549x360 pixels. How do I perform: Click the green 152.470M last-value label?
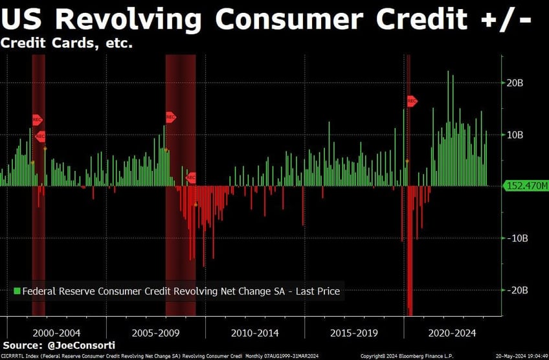(525, 186)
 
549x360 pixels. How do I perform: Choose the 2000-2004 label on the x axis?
(56, 333)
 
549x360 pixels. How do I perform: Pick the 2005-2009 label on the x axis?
(155, 333)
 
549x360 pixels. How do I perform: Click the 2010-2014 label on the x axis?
(255, 333)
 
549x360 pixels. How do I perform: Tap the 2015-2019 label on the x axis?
(353, 333)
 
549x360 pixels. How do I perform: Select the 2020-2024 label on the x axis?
(453, 333)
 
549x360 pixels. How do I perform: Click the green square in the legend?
(17, 291)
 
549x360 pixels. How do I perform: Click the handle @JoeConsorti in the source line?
(85, 346)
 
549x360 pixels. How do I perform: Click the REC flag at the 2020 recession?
(412, 101)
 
